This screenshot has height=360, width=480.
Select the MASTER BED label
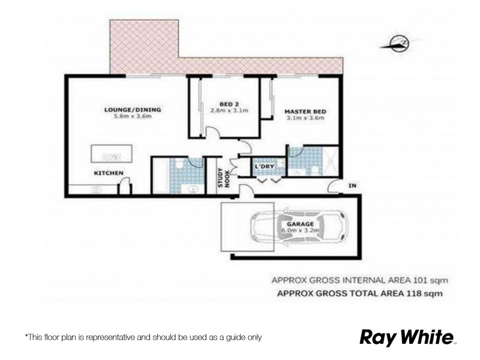(304, 110)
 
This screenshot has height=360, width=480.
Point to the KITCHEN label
(107, 173)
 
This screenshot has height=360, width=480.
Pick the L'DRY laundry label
(265, 166)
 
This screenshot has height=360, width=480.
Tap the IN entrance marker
(352, 187)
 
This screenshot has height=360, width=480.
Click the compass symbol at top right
(398, 43)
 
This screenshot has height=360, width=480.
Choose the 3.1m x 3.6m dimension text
(304, 118)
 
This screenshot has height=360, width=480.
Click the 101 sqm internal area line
(360, 280)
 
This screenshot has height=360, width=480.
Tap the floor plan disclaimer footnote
(143, 338)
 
